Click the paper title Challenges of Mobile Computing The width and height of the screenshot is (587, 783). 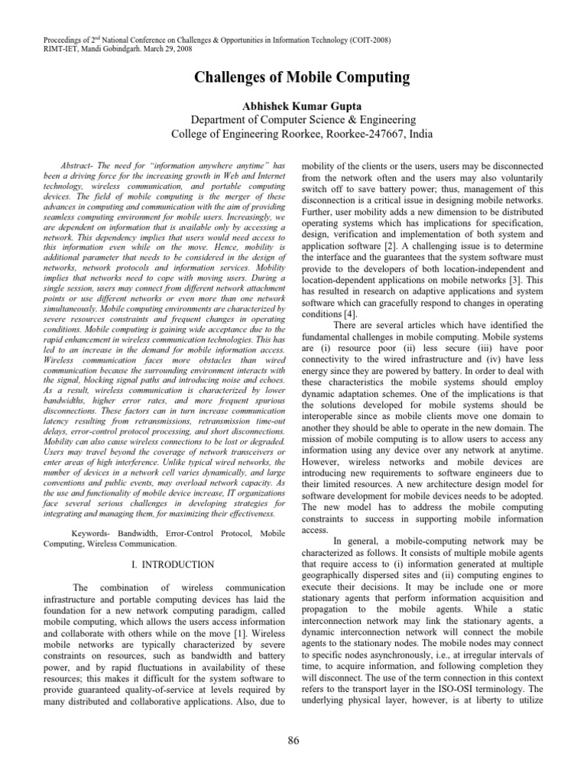tap(293, 76)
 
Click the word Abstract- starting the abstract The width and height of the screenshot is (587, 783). tap(77, 167)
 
